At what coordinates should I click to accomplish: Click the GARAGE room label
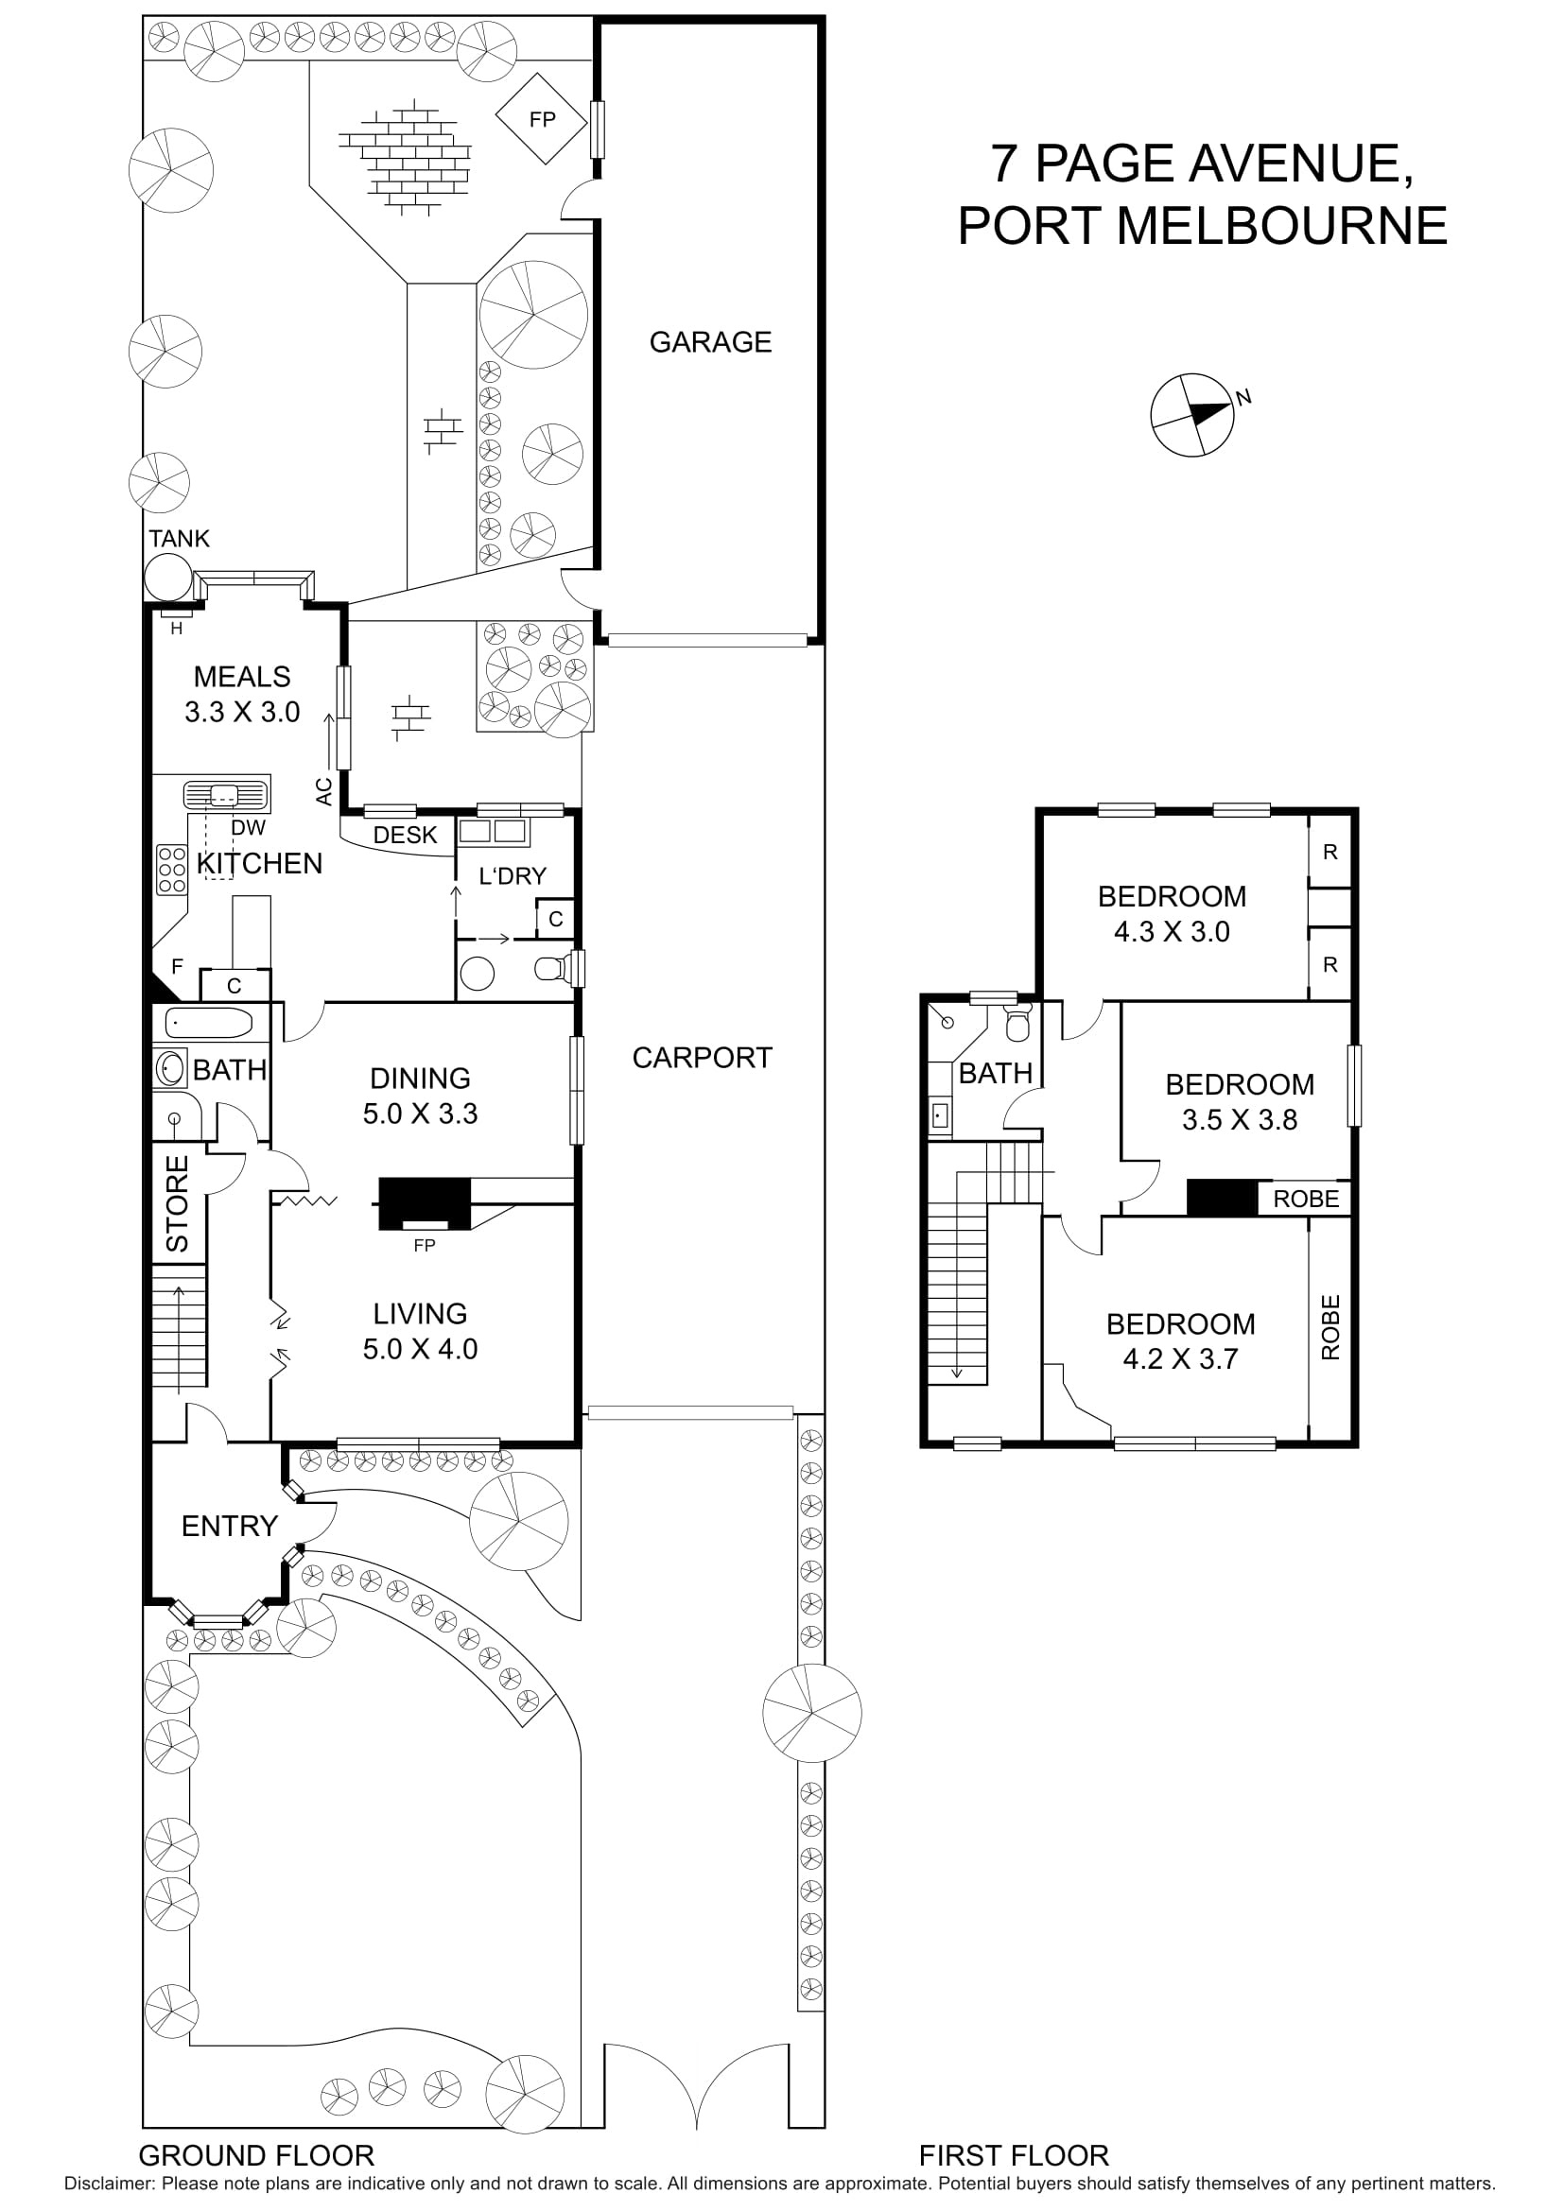(x=710, y=342)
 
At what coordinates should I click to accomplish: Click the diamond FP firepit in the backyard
(x=541, y=119)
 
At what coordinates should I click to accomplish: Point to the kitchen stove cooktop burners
(x=171, y=869)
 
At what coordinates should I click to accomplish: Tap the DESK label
(x=405, y=835)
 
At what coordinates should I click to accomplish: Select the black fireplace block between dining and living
(x=424, y=1201)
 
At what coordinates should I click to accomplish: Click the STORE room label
(x=178, y=1202)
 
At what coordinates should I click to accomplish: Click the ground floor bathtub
(x=209, y=1021)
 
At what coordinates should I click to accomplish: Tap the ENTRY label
(x=229, y=1526)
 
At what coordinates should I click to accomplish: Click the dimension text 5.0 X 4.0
(x=420, y=1349)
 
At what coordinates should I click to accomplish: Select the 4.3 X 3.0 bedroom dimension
(x=1171, y=931)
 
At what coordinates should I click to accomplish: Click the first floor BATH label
(x=995, y=1073)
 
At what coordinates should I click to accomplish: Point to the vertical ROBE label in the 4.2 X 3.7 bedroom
(x=1330, y=1327)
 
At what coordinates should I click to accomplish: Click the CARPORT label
(x=701, y=1058)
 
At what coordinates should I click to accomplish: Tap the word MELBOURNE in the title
(x=1281, y=225)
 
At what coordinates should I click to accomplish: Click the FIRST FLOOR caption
(x=1013, y=2155)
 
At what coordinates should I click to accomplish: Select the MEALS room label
(x=242, y=677)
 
